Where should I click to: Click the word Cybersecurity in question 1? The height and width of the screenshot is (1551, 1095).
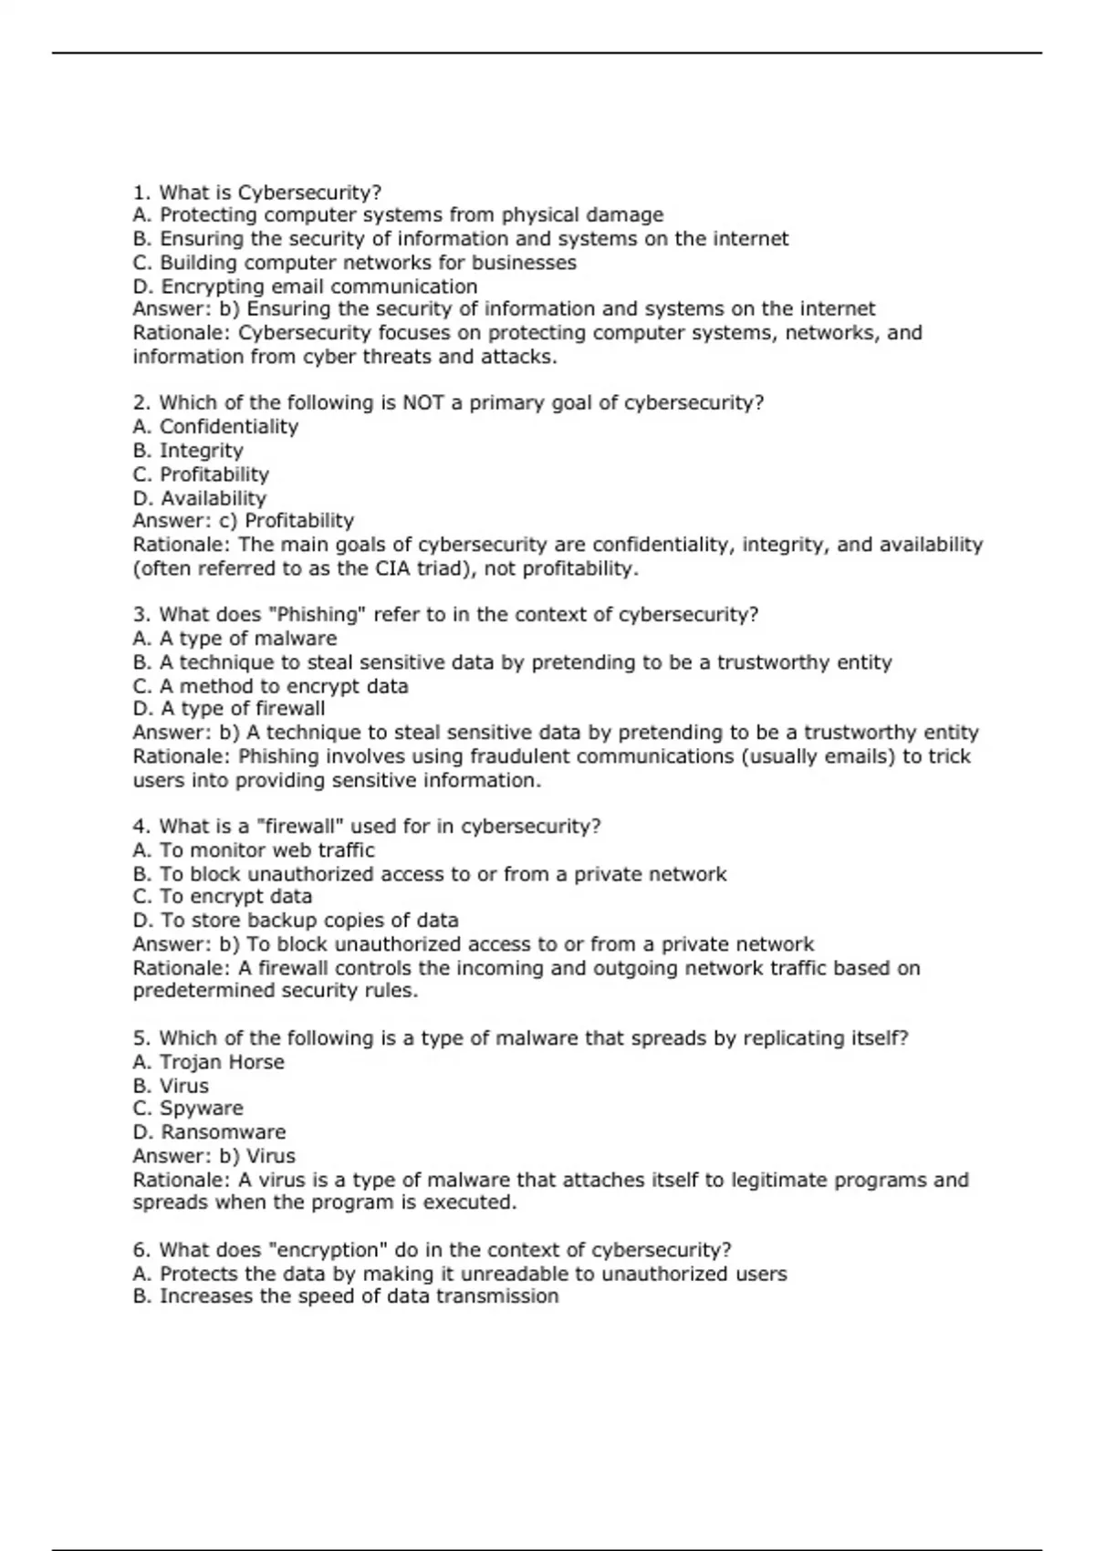click(308, 193)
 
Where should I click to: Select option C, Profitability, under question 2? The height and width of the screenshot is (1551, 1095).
click(201, 474)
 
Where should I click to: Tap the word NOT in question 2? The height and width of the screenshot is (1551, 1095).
click(422, 402)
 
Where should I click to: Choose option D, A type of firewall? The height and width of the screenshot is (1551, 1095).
click(229, 709)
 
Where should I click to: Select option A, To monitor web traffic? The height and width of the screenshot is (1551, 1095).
click(254, 850)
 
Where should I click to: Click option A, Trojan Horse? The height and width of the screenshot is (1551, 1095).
click(208, 1062)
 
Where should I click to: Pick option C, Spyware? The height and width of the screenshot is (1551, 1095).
click(188, 1109)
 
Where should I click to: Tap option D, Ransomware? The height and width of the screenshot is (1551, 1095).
click(209, 1132)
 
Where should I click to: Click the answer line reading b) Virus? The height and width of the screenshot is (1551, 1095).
click(214, 1156)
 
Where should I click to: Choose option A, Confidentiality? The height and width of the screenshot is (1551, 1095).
click(215, 427)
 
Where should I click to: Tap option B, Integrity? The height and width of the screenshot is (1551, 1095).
click(188, 451)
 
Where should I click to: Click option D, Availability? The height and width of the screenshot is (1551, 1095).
click(200, 498)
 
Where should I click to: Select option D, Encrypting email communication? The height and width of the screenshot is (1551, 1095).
click(305, 286)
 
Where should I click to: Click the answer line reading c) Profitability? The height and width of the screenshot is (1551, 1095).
click(244, 521)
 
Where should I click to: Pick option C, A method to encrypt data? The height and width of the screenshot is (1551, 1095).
click(270, 686)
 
